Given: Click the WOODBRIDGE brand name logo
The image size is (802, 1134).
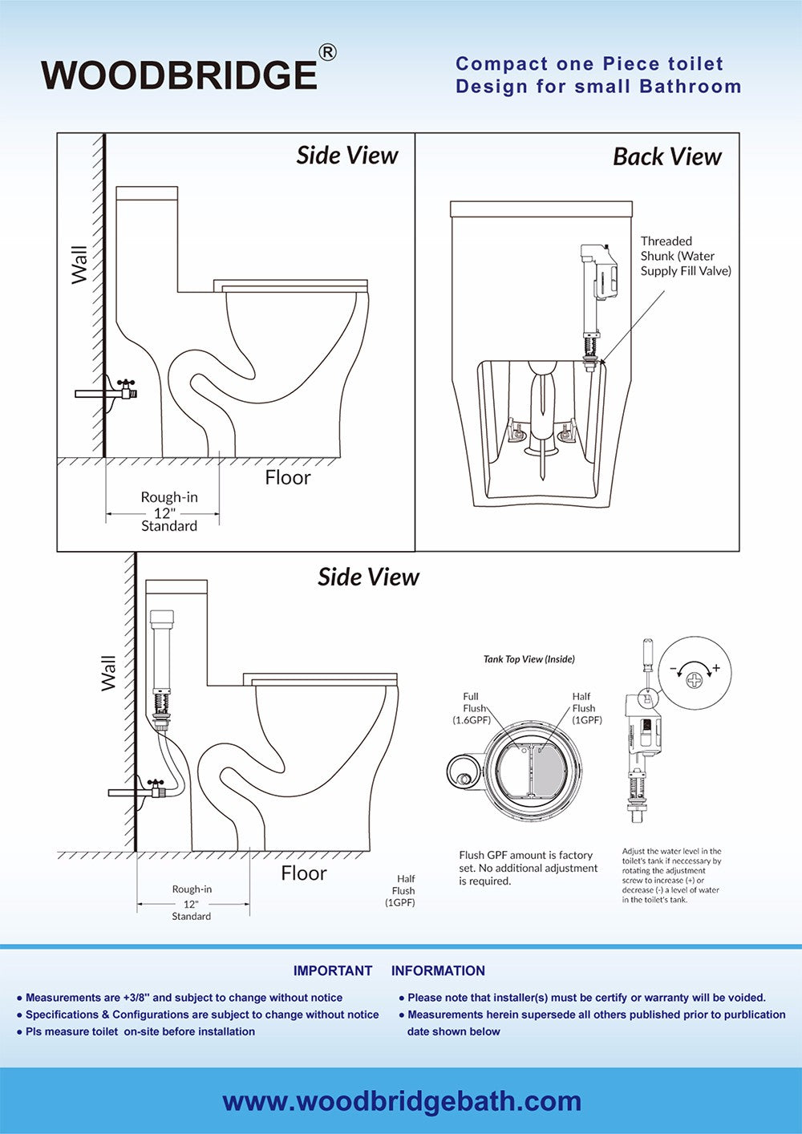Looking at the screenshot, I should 179,75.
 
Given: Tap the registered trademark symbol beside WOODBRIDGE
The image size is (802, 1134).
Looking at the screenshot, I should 327,52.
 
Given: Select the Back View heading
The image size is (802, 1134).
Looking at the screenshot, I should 666,157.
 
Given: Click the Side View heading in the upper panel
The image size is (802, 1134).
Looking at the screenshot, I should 346,156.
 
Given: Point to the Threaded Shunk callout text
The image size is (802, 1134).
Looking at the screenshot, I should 685,256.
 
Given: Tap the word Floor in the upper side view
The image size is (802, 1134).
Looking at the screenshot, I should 287,478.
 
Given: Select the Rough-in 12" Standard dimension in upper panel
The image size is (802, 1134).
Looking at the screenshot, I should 168,512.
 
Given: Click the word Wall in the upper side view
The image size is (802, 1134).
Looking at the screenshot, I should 79,265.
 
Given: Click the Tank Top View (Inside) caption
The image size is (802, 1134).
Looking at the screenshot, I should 529,659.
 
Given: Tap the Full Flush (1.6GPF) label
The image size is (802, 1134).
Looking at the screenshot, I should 472,708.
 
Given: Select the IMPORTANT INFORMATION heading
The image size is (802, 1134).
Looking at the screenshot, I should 389,970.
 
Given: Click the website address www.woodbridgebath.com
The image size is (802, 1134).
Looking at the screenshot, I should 401,1101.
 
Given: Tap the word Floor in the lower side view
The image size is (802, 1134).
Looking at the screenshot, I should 303,873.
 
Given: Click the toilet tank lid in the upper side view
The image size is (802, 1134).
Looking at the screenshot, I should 147,193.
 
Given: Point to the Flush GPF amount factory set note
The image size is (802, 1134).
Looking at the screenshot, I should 528,868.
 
